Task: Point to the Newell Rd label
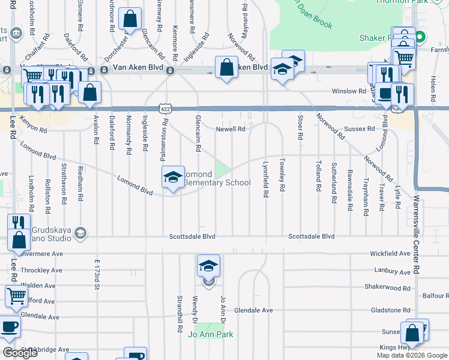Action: tap(231, 129)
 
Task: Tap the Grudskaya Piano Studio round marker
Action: tap(81, 233)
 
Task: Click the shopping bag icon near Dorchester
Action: tap(130, 20)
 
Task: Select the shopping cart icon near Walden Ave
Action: tap(16, 295)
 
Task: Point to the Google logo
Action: tap(20, 353)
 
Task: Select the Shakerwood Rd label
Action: tap(387, 287)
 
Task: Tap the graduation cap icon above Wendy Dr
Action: tap(208, 266)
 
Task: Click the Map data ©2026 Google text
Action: tap(412, 355)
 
